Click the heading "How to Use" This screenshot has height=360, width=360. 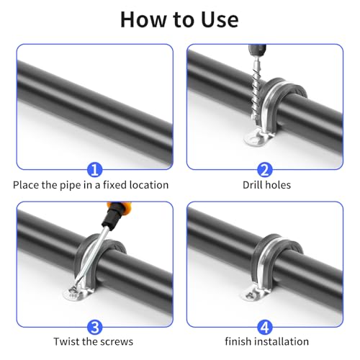coord(179,19)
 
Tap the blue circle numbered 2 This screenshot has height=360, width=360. coord(264,170)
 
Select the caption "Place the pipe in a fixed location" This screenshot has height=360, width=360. coord(91,185)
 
